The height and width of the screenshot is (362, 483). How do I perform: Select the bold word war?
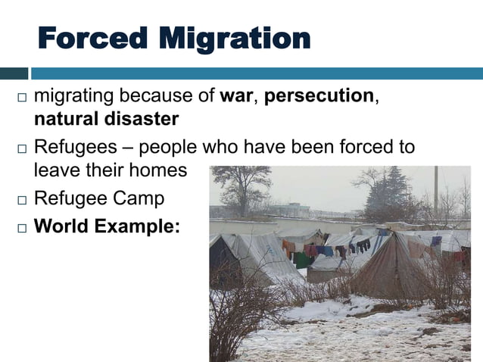[236, 97]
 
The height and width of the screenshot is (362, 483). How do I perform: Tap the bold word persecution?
[319, 97]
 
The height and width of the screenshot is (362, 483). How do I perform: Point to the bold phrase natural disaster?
[106, 120]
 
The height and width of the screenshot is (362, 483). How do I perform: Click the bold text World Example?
[107, 226]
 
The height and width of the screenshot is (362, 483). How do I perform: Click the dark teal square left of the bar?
[14, 73]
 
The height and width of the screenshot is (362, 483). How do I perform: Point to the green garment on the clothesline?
[302, 260]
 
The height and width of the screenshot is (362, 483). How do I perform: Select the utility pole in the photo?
[435, 193]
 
